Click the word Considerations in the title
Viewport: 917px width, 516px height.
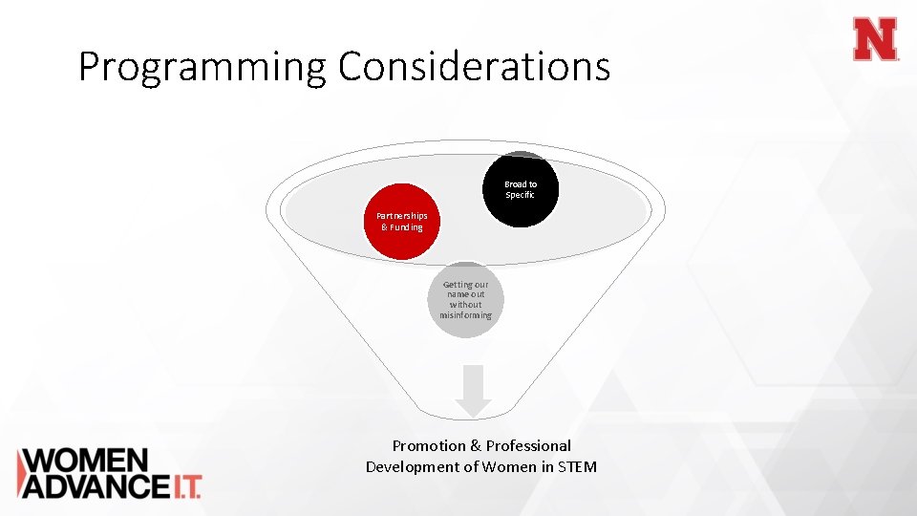pyautogui.click(x=474, y=67)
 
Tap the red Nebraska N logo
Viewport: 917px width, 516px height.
pyautogui.click(x=876, y=39)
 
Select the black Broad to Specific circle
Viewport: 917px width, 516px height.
pyautogui.click(x=521, y=190)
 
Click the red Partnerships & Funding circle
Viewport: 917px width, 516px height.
pyautogui.click(x=402, y=222)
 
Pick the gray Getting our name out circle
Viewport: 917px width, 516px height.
pyautogui.click(x=465, y=300)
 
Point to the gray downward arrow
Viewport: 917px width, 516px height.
pyautogui.click(x=472, y=392)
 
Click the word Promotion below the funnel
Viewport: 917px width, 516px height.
pyautogui.click(x=430, y=445)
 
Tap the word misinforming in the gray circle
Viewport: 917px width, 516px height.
pyautogui.click(x=465, y=315)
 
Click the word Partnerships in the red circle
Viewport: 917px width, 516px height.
pyautogui.click(x=402, y=216)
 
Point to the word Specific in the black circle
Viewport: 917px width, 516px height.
pyautogui.click(x=521, y=195)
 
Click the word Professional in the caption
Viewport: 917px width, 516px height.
pyautogui.click(x=528, y=445)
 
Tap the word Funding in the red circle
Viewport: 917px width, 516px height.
pyautogui.click(x=407, y=227)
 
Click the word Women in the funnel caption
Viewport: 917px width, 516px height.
pyautogui.click(x=508, y=466)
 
